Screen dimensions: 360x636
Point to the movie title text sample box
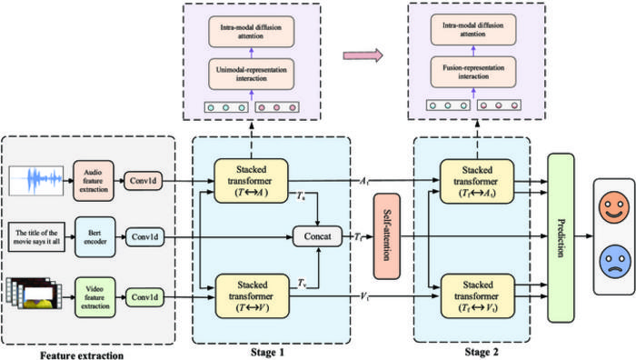[x=36, y=238]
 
